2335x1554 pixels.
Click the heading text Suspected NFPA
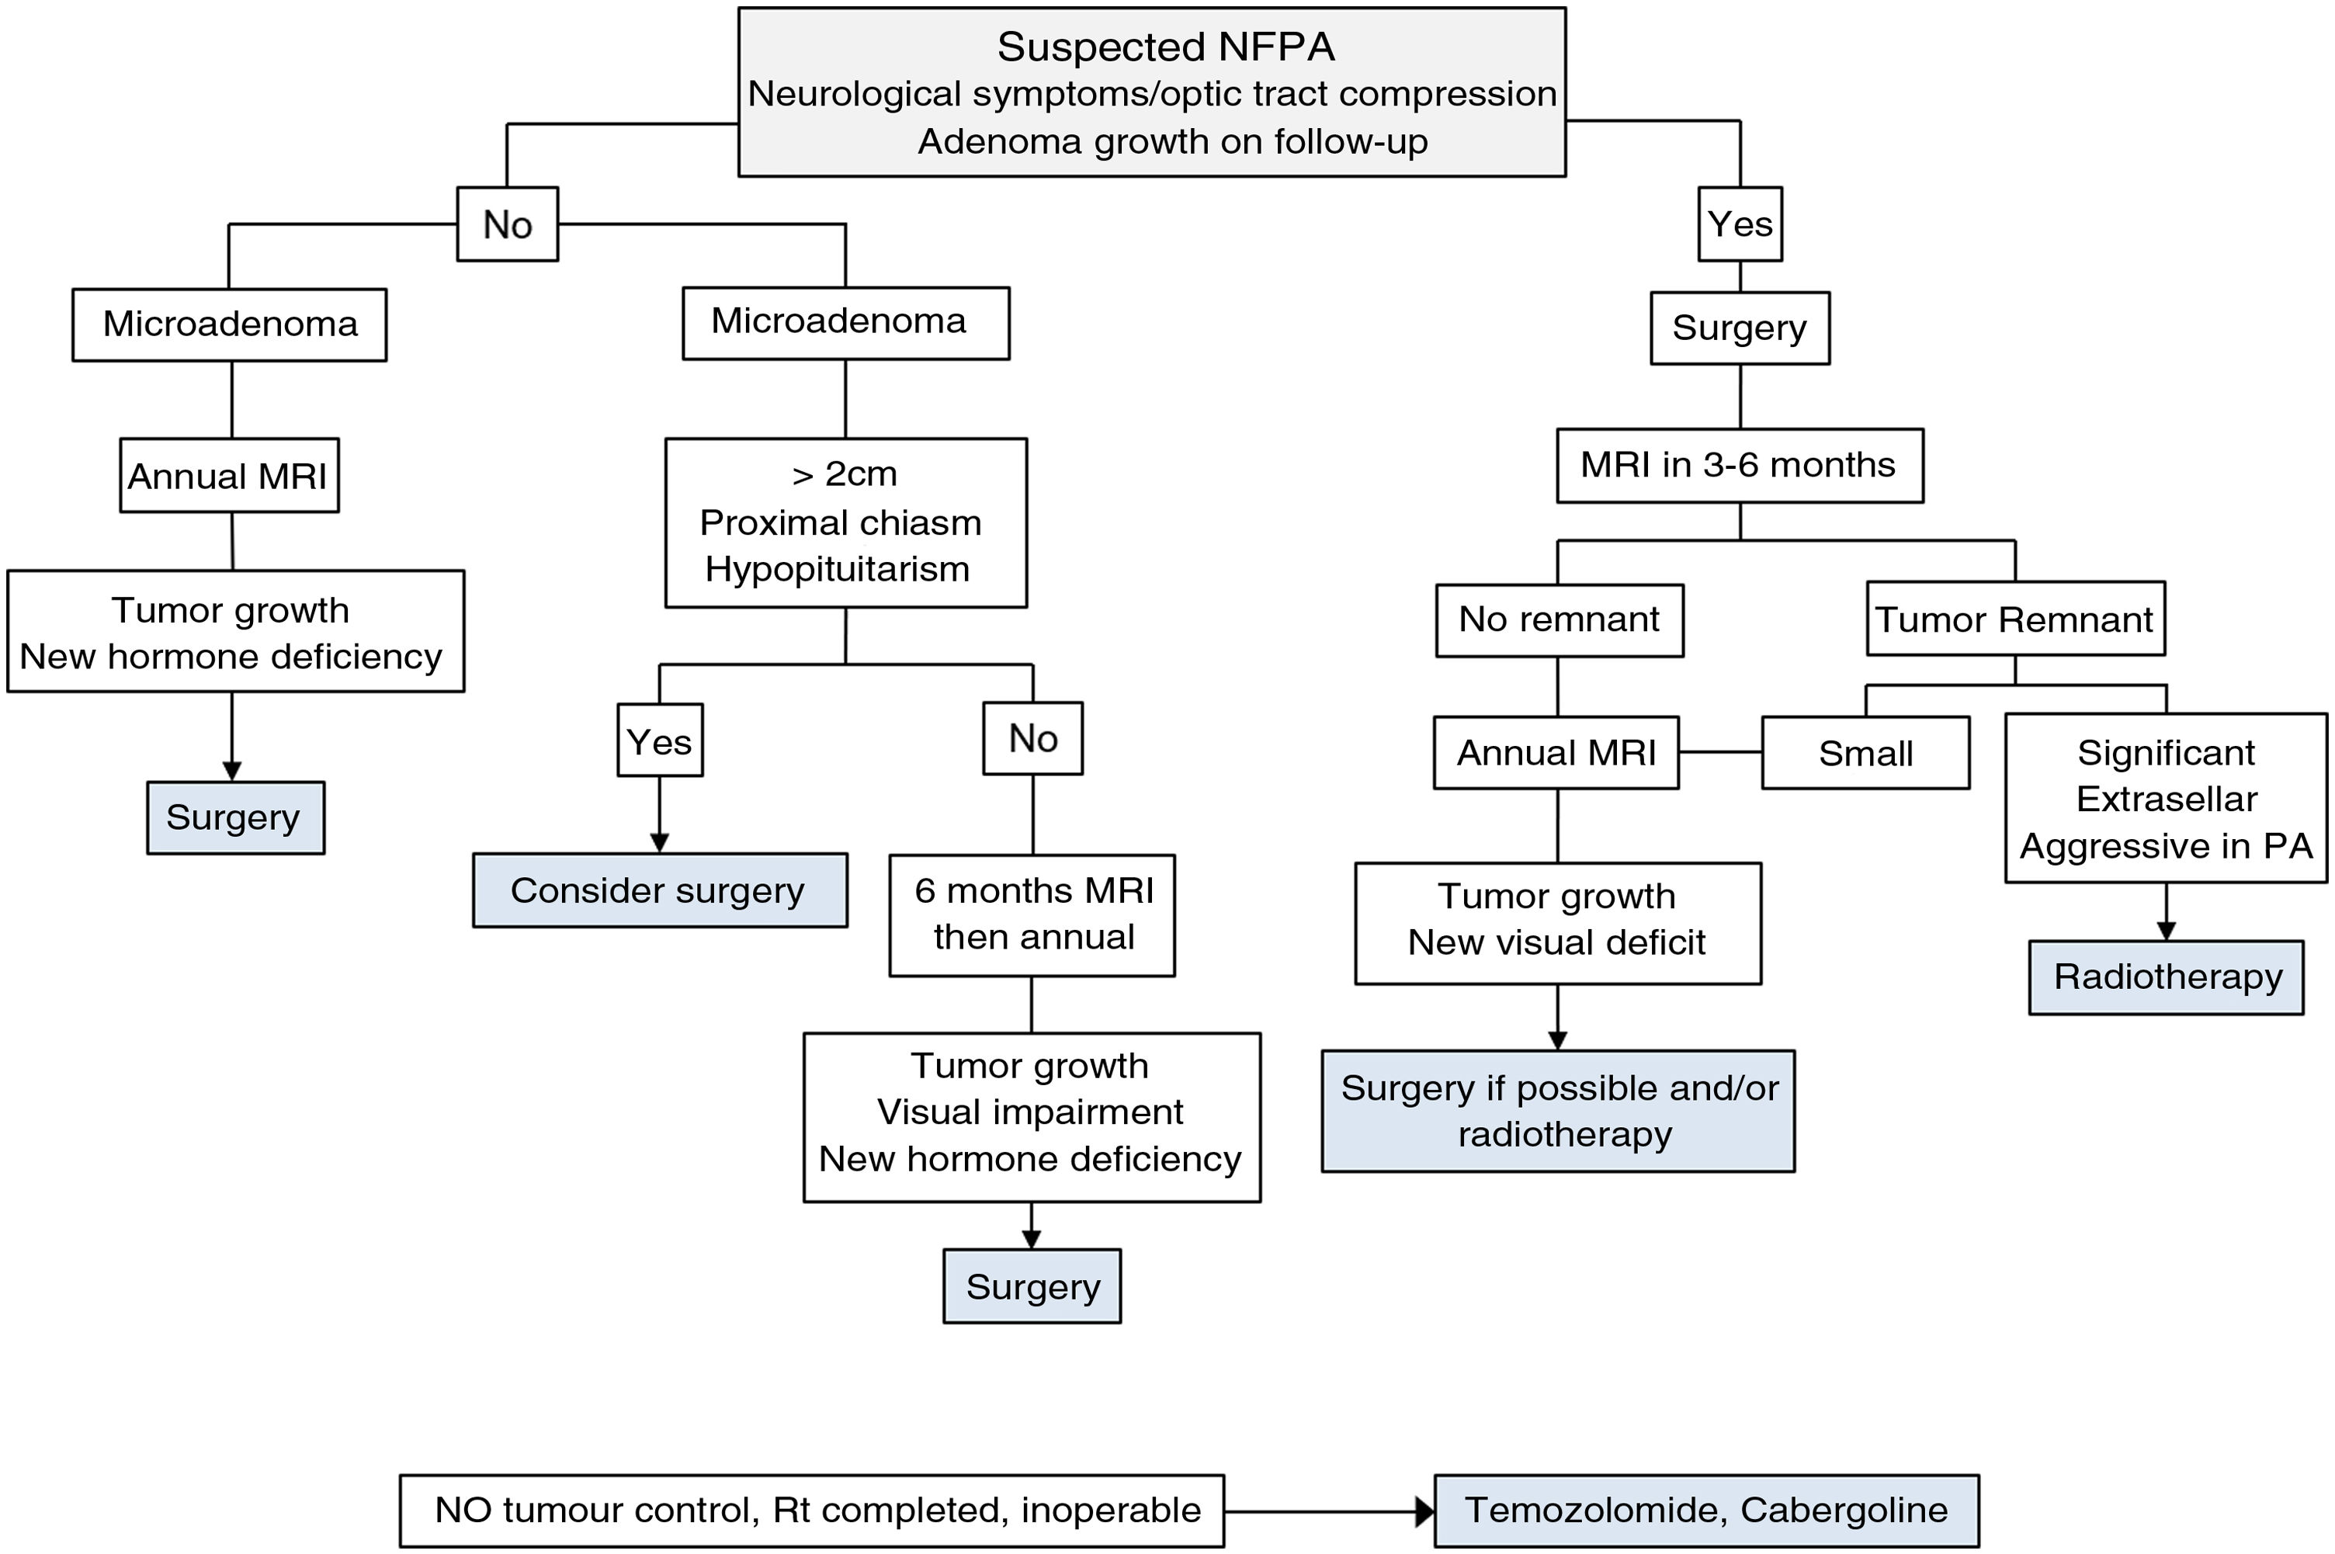click(x=1165, y=47)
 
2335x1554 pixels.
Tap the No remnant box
click(x=1558, y=620)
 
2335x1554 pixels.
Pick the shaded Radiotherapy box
click(x=2167, y=978)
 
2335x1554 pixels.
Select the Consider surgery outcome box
click(x=658, y=891)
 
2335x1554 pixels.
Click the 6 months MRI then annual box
click(x=1032, y=914)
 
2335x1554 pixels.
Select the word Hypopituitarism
click(x=838, y=570)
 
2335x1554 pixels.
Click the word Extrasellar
click(x=2167, y=800)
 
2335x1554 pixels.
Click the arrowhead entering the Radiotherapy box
click(x=2166, y=931)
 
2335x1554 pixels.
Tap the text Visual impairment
click(x=1030, y=1112)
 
